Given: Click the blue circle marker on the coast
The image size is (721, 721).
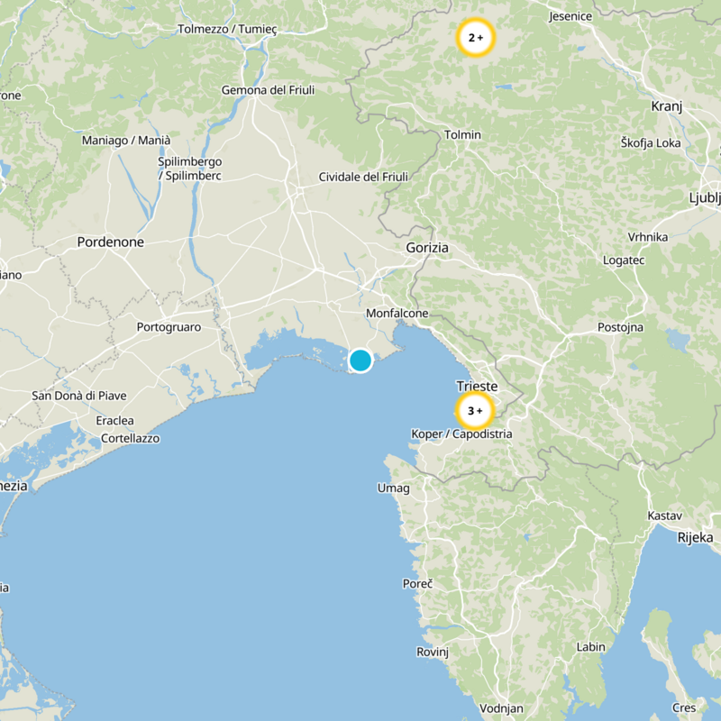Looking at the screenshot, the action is tap(360, 360).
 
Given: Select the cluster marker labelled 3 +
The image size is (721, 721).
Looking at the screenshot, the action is tap(475, 411).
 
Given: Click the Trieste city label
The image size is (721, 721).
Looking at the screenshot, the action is tap(477, 386).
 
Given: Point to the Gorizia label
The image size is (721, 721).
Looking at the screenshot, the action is tap(427, 248).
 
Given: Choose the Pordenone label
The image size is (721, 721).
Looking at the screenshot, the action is tap(111, 242).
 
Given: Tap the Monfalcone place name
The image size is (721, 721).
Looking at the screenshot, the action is tap(397, 313).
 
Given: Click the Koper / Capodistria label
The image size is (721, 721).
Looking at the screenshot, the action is tap(461, 434).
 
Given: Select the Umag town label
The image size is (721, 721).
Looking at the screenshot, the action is tap(393, 488).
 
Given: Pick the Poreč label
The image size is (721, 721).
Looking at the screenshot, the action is tap(417, 584).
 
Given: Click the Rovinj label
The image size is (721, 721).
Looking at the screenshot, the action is tap(433, 652).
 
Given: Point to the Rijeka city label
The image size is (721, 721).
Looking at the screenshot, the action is tap(695, 537).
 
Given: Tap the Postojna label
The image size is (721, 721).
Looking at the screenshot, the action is tap(620, 327).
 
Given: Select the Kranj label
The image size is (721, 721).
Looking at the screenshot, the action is tap(667, 106).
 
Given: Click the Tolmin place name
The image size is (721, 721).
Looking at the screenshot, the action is tap(463, 135).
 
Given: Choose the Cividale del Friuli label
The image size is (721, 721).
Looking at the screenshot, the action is tap(363, 178).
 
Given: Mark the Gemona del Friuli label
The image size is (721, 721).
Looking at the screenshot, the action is tap(267, 90).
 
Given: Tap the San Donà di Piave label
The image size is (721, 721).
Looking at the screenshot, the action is tap(79, 396).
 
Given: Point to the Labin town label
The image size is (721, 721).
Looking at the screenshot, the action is tap(591, 647).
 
